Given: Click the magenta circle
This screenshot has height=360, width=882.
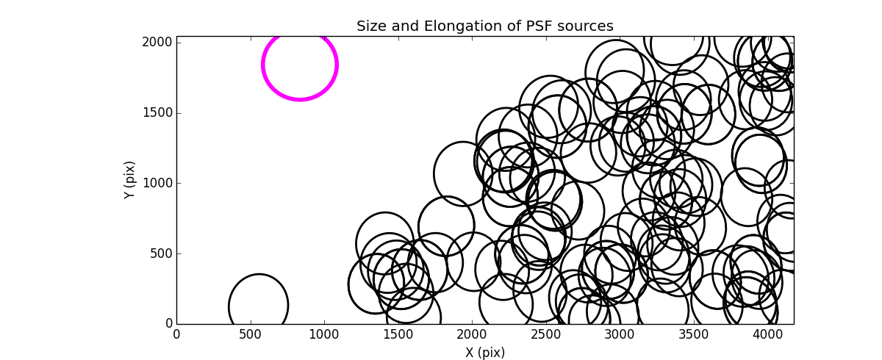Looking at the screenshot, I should point(300,65).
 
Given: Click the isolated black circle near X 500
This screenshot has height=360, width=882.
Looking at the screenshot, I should point(258,306).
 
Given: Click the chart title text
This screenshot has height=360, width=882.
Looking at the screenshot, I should point(484,26).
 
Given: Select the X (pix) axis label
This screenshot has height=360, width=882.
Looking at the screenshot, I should point(484,353).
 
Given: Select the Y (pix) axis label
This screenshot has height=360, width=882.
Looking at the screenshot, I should point(130,180).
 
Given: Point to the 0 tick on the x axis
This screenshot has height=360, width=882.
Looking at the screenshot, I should point(176,334).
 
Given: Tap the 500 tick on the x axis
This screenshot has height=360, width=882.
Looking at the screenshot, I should point(251,334).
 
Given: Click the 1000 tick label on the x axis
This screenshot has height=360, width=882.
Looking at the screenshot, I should point(324,334).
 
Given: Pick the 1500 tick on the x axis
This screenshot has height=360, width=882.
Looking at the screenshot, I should point(398,334).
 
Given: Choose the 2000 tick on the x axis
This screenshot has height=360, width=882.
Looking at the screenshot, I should point(472,334).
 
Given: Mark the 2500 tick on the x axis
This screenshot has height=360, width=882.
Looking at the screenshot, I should point(546,334).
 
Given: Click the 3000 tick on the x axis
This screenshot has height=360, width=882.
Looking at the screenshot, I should point(620,334).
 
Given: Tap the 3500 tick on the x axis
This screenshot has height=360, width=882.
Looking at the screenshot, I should point(694,334).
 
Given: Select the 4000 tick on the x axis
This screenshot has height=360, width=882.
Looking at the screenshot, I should point(767,334).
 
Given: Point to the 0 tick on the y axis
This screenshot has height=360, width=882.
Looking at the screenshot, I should point(168,324).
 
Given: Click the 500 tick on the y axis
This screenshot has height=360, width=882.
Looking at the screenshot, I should point(162,253).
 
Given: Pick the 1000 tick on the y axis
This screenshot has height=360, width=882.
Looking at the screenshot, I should point(158,183).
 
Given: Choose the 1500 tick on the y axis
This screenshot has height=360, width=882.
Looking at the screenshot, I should point(158,112).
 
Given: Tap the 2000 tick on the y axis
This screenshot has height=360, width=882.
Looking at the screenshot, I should point(158,43).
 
